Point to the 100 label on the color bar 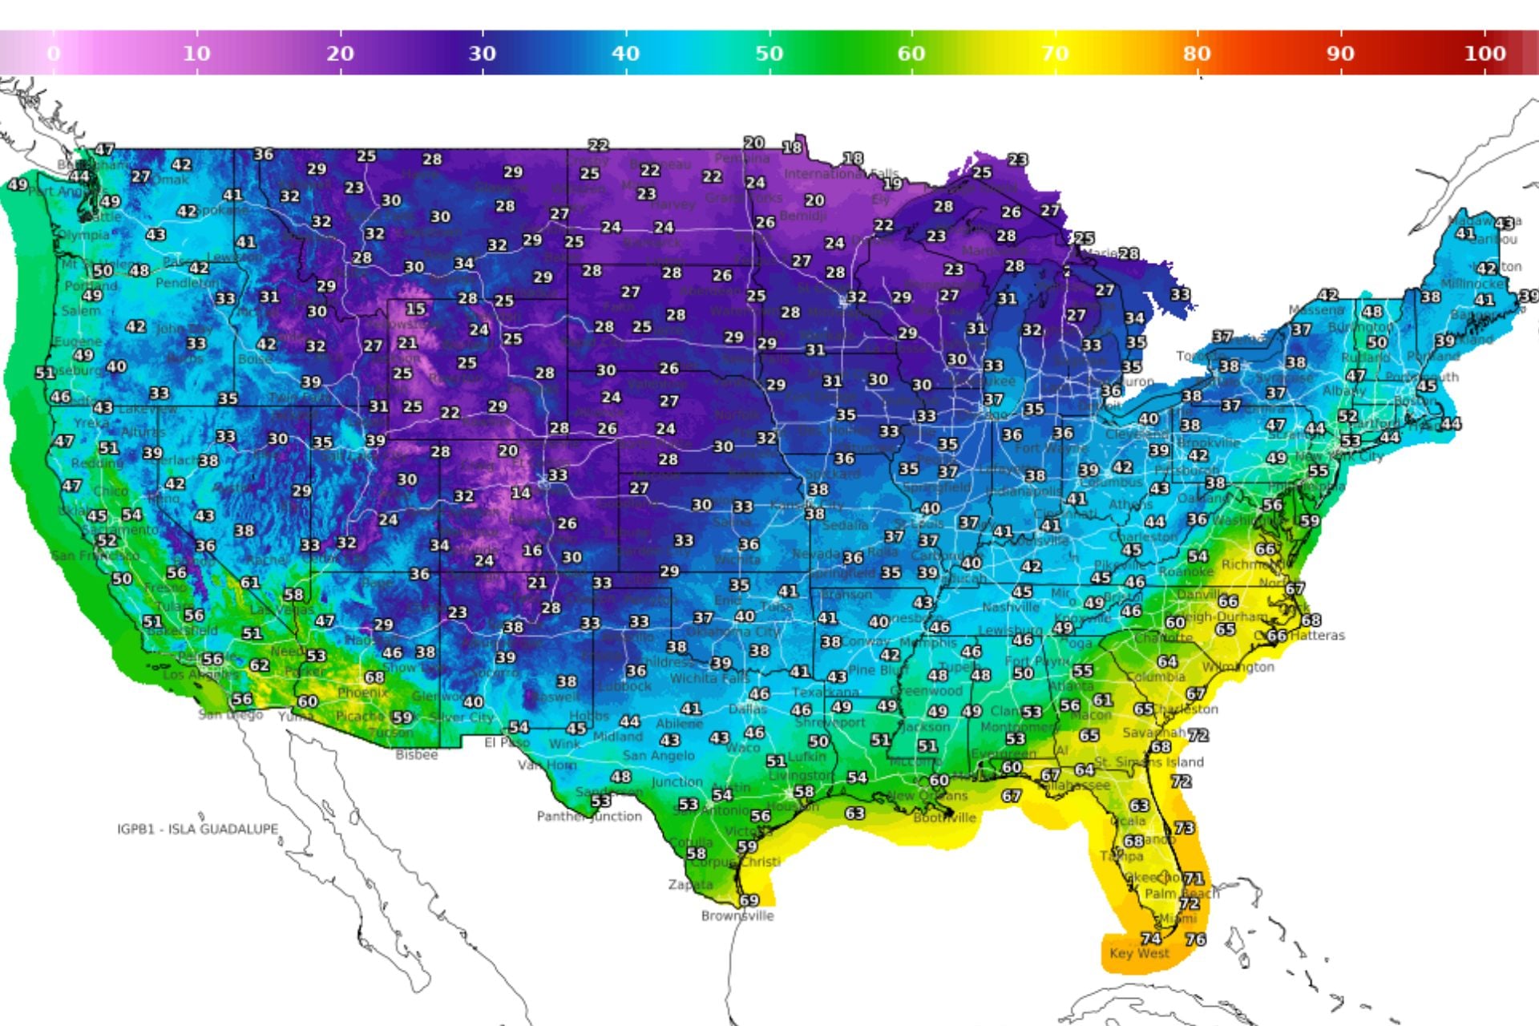coord(1484,54)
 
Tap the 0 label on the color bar coord(54,54)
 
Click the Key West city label coord(1139,953)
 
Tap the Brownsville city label coord(737,915)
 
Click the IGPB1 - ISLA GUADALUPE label coord(198,829)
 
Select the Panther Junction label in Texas coord(589,816)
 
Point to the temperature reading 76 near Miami coord(1195,939)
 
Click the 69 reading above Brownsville coord(749,900)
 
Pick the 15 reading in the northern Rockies coord(415,309)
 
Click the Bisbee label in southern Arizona coord(417,755)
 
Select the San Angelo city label coord(659,755)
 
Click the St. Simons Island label coord(1149,761)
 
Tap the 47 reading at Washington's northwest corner coord(105,150)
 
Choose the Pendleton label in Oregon coord(187,283)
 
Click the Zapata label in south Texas coord(690,885)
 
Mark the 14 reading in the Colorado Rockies coord(521,493)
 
